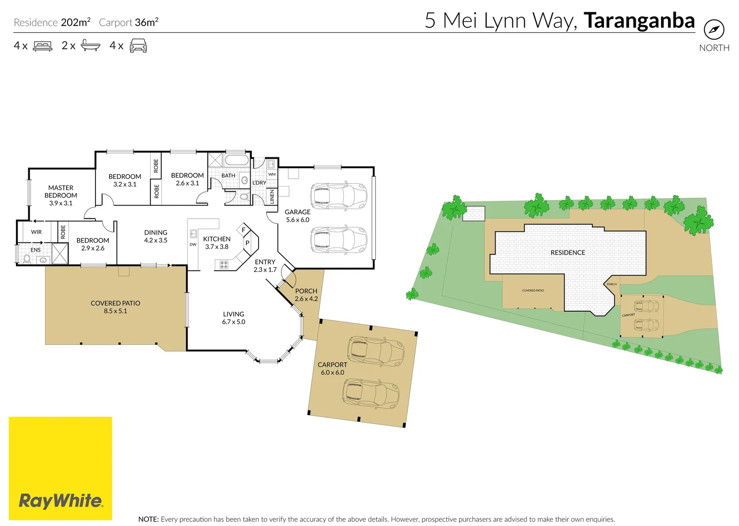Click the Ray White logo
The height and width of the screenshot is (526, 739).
click(60, 501)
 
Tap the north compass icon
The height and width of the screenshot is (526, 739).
click(714, 30)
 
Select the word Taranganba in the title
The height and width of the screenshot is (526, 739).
click(639, 20)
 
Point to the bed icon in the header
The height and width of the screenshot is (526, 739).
click(42, 46)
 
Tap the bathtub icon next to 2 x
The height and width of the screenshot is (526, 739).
click(91, 46)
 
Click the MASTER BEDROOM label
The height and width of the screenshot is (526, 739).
click(61, 195)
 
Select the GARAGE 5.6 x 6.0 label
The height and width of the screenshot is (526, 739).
click(298, 216)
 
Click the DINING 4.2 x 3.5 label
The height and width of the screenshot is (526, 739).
click(156, 236)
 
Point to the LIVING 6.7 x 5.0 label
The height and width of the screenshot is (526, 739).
click(234, 318)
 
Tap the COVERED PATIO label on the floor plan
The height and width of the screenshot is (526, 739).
click(115, 307)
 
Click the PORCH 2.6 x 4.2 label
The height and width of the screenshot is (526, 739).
click(306, 295)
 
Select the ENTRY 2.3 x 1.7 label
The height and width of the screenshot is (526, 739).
click(265, 265)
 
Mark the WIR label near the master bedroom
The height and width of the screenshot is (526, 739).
click(37, 232)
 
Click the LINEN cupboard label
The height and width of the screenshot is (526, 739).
click(272, 197)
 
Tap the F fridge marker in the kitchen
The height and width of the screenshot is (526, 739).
click(244, 230)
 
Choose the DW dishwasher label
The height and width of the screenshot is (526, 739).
click(193, 244)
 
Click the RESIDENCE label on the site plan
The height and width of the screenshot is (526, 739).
click(568, 253)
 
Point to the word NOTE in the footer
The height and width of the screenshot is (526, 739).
click(148, 519)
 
